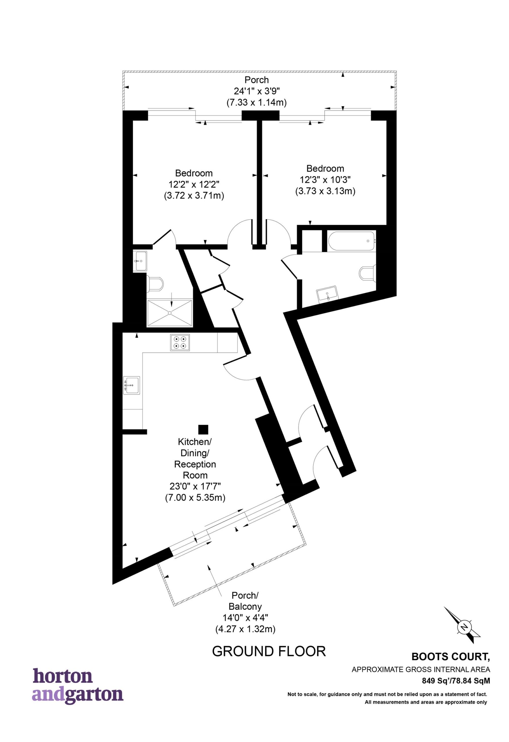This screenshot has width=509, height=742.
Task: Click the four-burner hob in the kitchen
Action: [x=180, y=343]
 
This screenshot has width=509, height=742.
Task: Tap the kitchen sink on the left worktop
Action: [x=132, y=385]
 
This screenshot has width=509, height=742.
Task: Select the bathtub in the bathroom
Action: [x=351, y=241]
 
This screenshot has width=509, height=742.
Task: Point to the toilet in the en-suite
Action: [x=155, y=283]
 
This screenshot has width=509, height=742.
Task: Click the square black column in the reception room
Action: [x=203, y=430]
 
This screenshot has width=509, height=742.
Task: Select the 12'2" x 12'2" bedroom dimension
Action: [x=194, y=185]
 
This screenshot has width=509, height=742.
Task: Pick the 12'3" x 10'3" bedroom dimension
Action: [x=325, y=180]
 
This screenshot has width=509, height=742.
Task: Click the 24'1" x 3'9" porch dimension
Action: [x=257, y=91]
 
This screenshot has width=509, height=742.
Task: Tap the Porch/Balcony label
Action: [x=245, y=601]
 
